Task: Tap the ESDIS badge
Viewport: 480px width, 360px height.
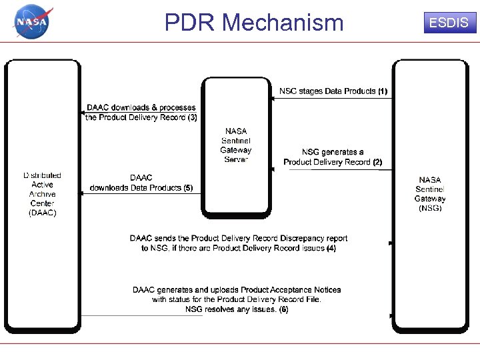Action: (448, 23)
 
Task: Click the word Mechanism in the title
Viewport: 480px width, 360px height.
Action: (282, 23)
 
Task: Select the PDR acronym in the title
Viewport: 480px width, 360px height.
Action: (191, 23)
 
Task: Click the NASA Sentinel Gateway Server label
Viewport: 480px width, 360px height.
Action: (236, 145)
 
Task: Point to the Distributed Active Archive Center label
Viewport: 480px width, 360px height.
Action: (43, 194)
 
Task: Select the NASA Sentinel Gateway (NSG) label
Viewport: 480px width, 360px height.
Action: (430, 194)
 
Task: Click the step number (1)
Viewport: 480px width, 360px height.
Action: (382, 91)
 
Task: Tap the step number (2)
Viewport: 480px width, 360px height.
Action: (377, 162)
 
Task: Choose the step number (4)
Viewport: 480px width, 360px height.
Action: (331, 248)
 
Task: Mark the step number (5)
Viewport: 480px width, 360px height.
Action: (188, 188)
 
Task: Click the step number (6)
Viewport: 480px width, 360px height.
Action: (283, 309)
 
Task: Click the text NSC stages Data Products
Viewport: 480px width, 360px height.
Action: (327, 91)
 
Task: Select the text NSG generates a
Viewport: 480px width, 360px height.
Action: (333, 153)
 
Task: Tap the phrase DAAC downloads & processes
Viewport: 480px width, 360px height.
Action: (141, 107)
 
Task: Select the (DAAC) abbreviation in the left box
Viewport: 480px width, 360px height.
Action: (43, 213)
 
